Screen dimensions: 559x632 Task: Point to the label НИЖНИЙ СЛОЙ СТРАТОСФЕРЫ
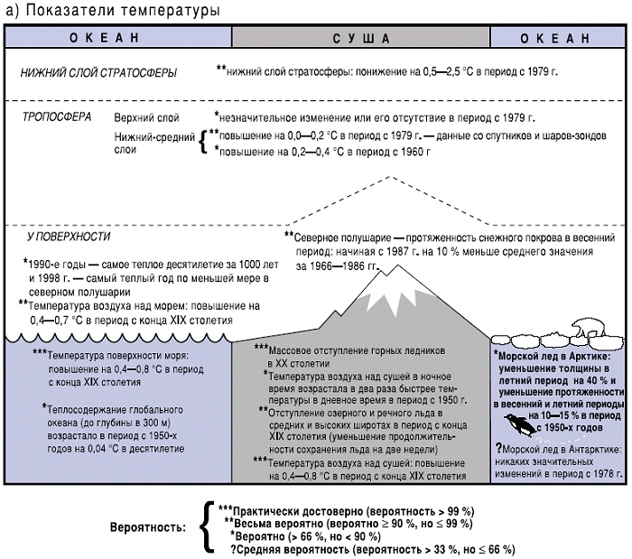(x=99, y=71)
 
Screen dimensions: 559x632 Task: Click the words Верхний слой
(x=147, y=118)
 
